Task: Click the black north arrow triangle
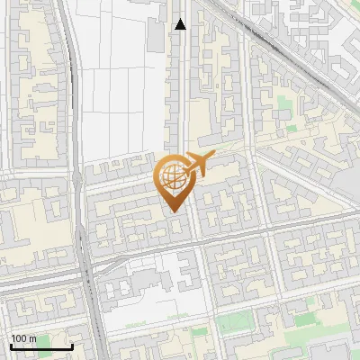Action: point(181,24)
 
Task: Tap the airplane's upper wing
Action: point(198,157)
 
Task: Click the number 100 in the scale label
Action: point(19,338)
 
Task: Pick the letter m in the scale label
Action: point(32,338)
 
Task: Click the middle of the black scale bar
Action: point(41,346)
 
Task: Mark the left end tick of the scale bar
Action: point(11,345)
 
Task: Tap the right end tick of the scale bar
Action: point(72,345)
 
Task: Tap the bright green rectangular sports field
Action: point(236,322)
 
